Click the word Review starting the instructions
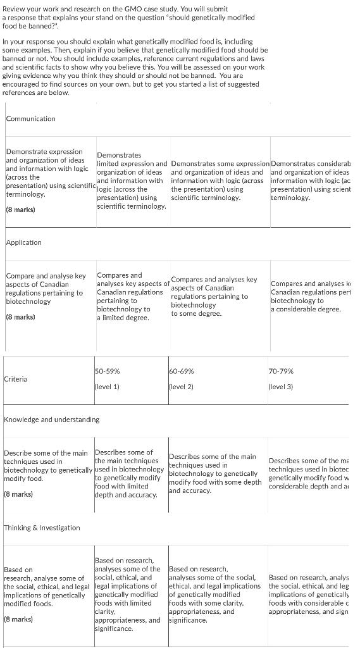coord(15,9)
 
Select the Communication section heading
coord(30,118)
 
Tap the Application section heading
coord(23,242)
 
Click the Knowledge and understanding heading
coord(51,420)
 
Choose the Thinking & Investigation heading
coord(42,528)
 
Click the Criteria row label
coord(15,379)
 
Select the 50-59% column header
coord(107,371)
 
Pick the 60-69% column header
coord(182,371)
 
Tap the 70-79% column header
coord(281,371)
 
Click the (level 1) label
coord(107,386)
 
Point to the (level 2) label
coord(182,386)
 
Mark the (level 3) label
coord(281,386)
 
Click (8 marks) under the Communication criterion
coord(21,209)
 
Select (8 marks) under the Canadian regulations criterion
coord(21,316)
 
